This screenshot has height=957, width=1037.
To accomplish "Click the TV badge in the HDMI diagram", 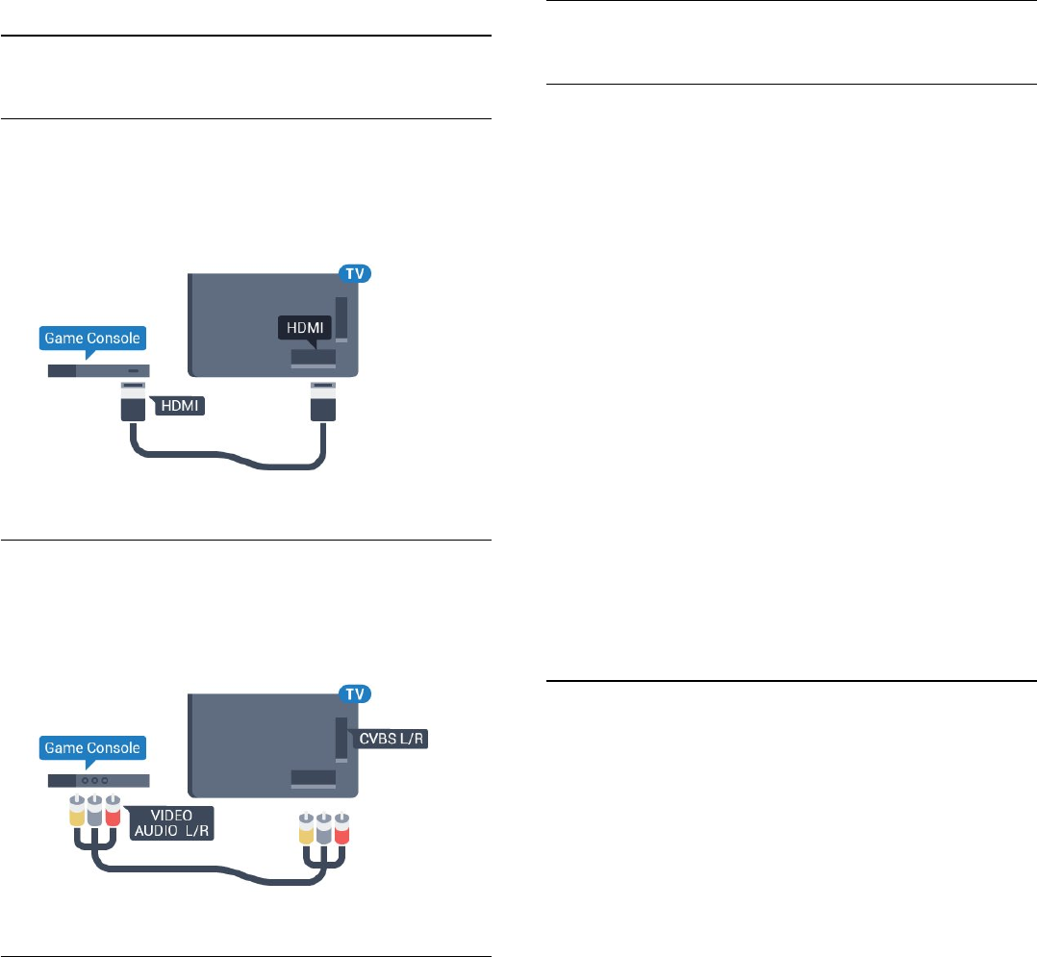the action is click(354, 274).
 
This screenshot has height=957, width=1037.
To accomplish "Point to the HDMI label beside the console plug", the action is click(179, 407).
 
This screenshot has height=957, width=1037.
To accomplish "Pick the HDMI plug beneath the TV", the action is click(322, 400).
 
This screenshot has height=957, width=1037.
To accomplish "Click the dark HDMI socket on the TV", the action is click(314, 357).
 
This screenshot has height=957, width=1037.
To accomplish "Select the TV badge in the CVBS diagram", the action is click(354, 693).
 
